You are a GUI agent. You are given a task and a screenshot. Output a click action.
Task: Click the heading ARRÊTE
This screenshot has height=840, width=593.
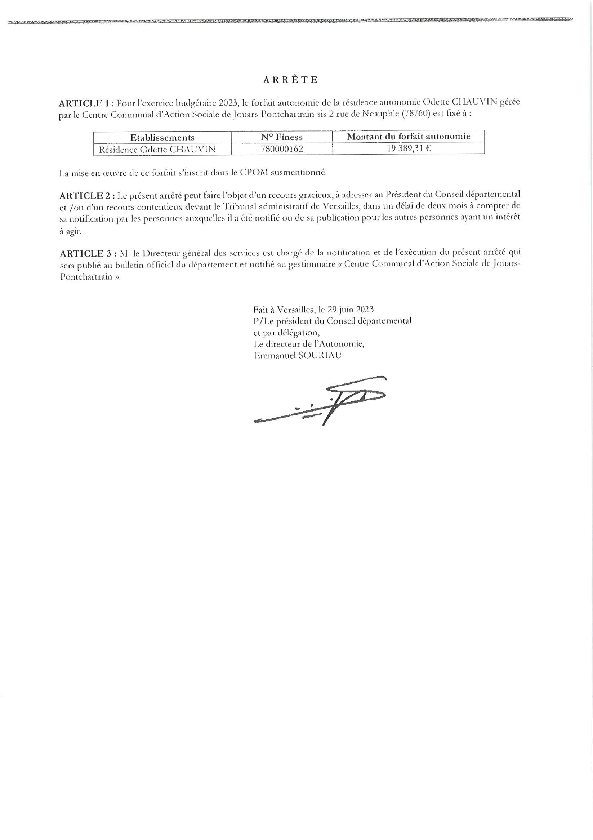(290, 80)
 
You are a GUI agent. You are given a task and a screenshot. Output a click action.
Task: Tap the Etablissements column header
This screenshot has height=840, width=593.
(162, 138)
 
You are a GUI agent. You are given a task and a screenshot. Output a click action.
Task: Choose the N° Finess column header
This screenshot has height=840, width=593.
(282, 137)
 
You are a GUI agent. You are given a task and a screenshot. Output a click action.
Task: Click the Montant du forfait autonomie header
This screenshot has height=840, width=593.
(408, 137)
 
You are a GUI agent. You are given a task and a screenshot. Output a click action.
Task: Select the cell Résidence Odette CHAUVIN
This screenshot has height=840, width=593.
(157, 149)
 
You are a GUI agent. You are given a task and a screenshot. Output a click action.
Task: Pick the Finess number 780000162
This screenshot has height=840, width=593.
(282, 149)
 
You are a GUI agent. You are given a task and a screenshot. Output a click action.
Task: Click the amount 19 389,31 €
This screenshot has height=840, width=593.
(409, 148)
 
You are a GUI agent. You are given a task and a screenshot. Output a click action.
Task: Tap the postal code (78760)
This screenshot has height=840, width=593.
(416, 114)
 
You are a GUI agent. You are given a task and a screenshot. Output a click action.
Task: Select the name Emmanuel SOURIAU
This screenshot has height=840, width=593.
(298, 355)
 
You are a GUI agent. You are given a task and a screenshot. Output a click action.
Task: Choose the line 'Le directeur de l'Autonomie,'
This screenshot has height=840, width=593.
(308, 344)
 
